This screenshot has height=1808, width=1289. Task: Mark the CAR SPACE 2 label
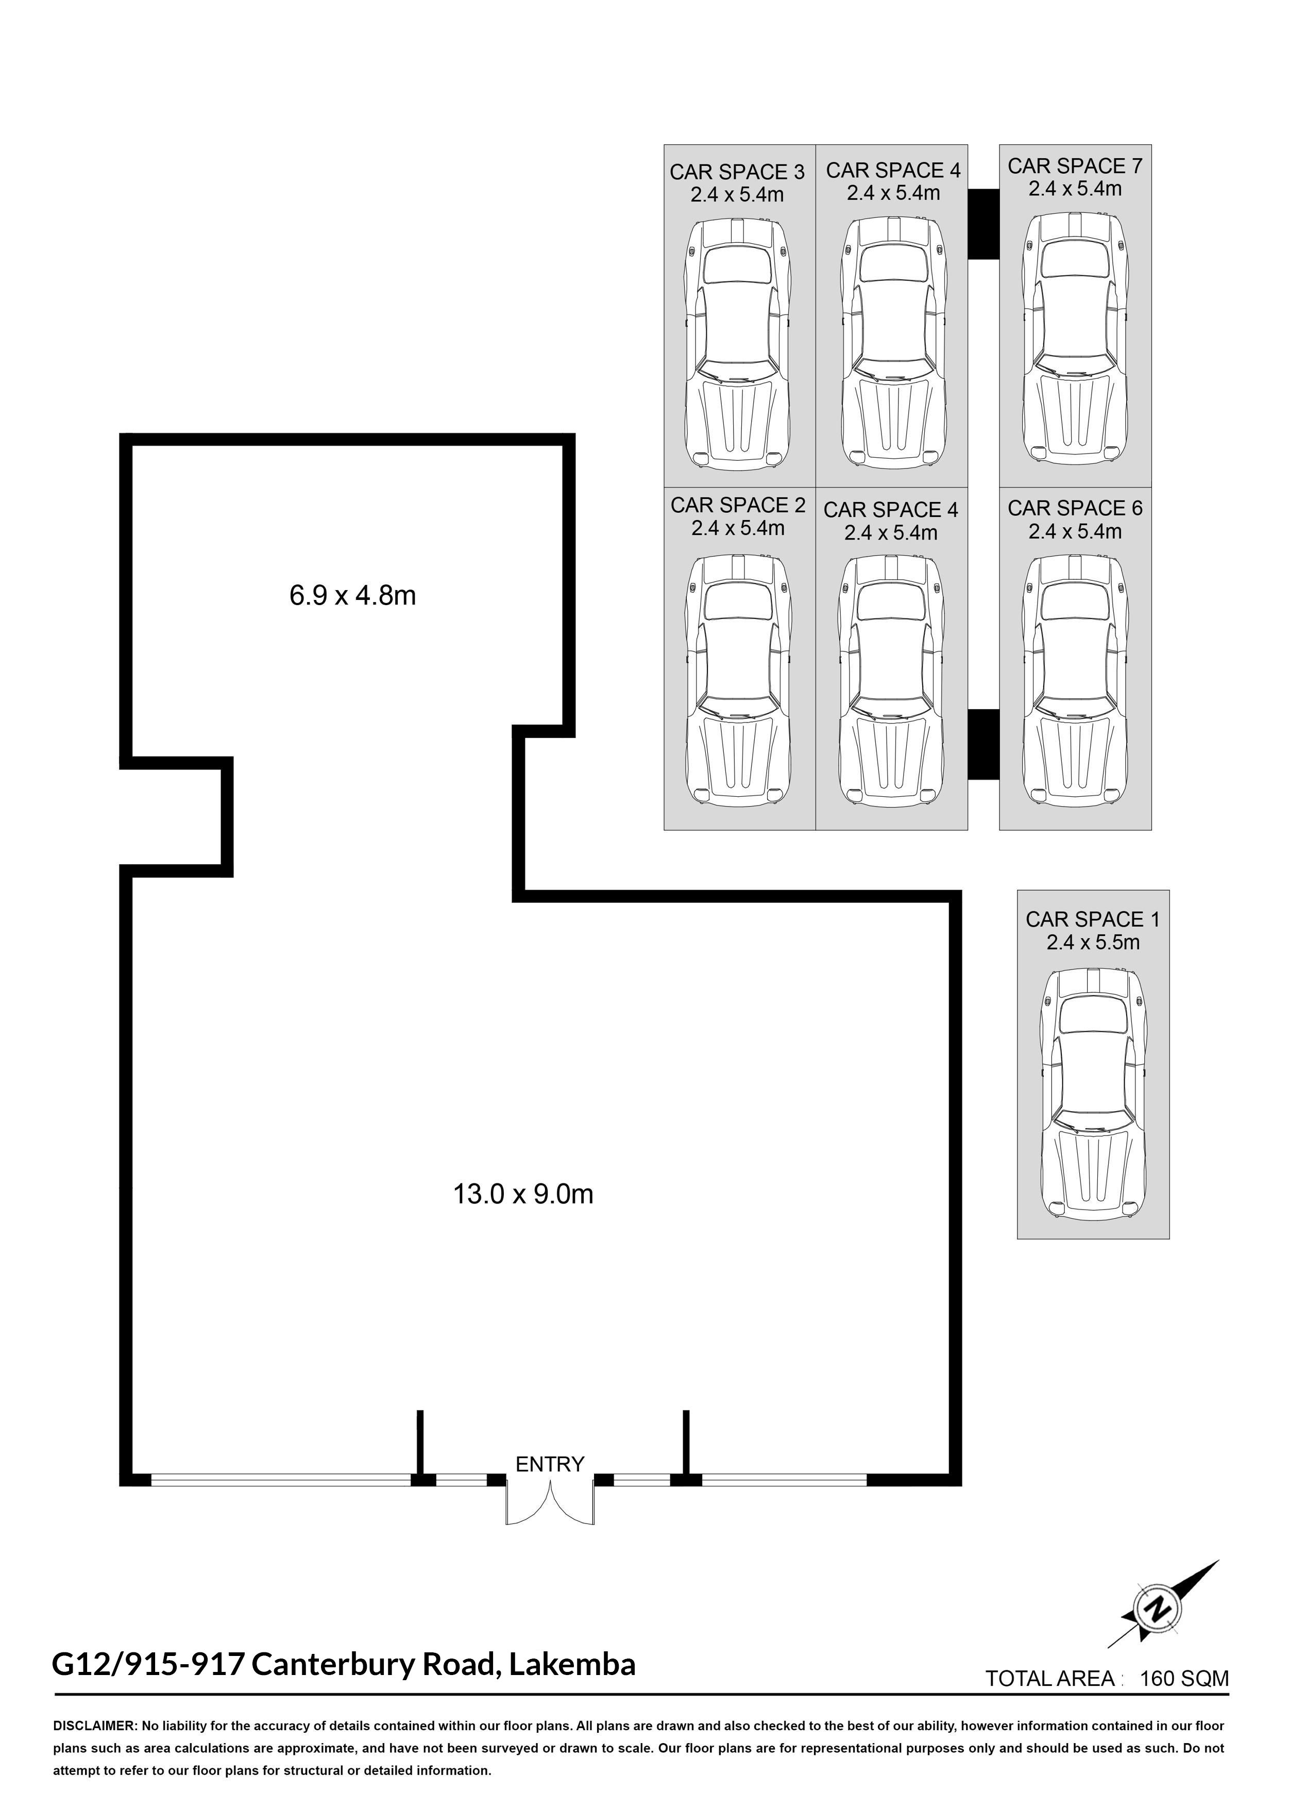click(x=738, y=505)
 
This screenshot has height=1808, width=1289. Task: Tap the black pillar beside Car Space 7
click(x=983, y=224)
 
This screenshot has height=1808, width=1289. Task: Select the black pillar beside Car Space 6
click(x=983, y=744)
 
